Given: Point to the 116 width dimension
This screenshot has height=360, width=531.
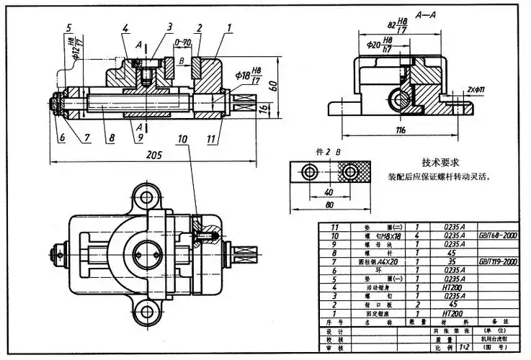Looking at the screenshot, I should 401,130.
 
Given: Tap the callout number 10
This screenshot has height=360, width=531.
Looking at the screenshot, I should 182,138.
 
